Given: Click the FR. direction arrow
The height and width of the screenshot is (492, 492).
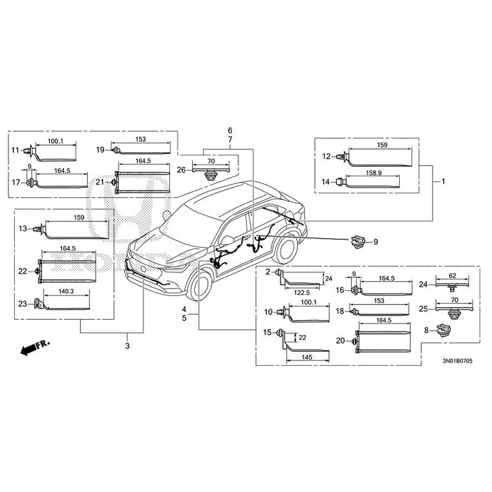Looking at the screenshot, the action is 35,347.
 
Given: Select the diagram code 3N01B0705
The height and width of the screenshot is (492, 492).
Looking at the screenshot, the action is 457,361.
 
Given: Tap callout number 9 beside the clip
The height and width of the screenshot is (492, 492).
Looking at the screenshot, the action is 376,242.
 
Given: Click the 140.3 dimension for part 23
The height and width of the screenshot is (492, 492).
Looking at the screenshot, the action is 66,291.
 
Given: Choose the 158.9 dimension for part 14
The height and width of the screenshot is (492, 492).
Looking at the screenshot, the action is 373,173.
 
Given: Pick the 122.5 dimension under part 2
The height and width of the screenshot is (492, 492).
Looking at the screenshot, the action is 301,293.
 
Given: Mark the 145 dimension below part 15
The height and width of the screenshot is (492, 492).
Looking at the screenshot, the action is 307,357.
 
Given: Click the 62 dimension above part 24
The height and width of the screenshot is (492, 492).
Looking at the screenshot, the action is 452,276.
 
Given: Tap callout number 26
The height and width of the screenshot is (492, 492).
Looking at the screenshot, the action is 181,170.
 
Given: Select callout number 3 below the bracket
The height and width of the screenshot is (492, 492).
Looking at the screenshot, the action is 127,346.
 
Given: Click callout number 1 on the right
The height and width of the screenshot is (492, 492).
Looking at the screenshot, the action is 443,181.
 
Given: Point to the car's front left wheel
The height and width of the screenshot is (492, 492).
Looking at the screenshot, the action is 199,285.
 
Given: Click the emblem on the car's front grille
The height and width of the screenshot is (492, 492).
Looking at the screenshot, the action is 143,269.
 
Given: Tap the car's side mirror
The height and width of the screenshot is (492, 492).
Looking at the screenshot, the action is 228,240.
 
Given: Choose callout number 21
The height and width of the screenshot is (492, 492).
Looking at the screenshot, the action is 100,182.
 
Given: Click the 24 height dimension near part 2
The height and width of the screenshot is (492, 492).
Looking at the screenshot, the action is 328,279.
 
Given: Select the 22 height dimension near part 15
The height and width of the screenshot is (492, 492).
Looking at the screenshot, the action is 302,337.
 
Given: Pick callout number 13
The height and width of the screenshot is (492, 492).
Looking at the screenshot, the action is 23,228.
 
